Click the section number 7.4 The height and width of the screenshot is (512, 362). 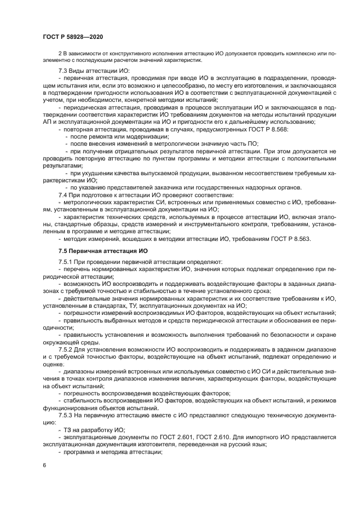tap(64, 194)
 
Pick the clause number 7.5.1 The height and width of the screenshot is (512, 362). tap(66, 262)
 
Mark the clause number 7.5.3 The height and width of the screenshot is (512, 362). tap(66, 415)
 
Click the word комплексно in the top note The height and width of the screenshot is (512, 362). tap(296, 54)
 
